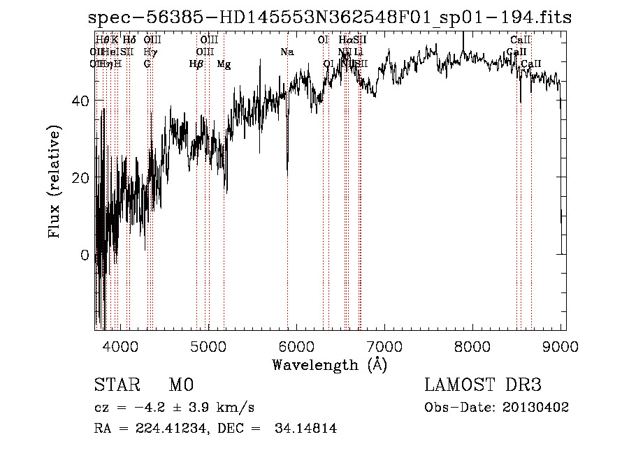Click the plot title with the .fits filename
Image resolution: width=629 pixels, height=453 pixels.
pyautogui.click(x=330, y=18)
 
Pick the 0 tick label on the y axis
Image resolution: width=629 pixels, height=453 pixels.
pyautogui.click(x=83, y=255)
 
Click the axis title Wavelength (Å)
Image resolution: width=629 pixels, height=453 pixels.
pyautogui.click(x=329, y=364)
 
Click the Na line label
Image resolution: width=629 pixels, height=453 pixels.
pyautogui.click(x=287, y=52)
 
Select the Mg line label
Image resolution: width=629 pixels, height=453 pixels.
pyautogui.click(x=224, y=64)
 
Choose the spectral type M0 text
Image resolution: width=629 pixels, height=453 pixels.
pyautogui.click(x=180, y=385)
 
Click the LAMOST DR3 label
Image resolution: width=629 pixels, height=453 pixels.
pyautogui.click(x=482, y=385)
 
